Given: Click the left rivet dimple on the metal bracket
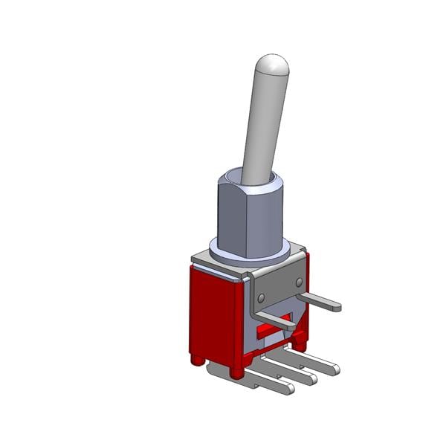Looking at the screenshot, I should [x=261, y=297].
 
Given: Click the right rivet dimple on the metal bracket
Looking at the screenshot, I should [x=299, y=282].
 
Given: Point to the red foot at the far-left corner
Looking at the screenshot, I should [x=197, y=360].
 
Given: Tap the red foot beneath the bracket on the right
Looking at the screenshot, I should [x=300, y=342].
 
